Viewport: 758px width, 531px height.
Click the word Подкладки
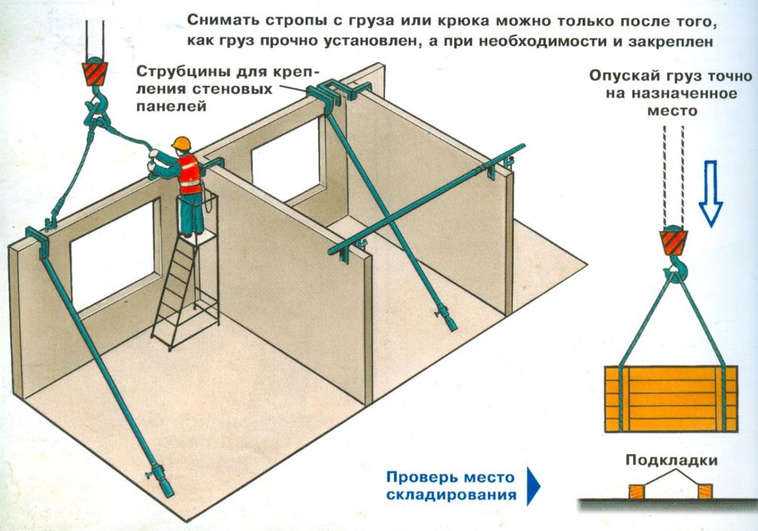(669, 460)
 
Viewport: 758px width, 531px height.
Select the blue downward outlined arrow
(710, 193)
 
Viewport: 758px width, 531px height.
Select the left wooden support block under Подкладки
(636, 492)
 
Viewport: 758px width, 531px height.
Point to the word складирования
(451, 495)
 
